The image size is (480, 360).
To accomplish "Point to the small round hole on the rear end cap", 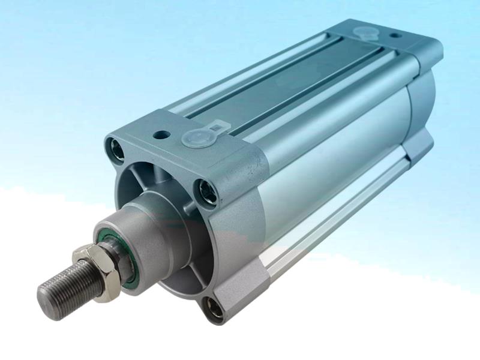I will (x=394, y=35).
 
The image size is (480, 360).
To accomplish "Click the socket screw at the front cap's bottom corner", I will (x=214, y=308).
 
